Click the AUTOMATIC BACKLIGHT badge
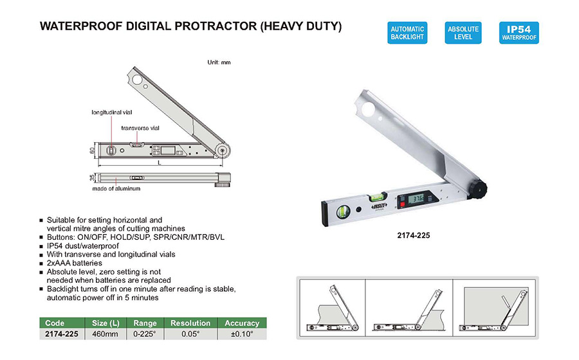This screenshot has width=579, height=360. point(407,33)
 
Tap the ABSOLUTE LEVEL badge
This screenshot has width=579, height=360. point(463,33)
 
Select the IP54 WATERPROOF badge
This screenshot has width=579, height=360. point(519,33)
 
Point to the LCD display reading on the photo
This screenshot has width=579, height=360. point(419,199)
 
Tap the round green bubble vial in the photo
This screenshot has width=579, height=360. point(343,212)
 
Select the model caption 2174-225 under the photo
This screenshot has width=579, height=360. point(414,235)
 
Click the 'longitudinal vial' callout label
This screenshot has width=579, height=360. point(111,112)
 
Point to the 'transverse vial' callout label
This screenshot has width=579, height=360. point(140,128)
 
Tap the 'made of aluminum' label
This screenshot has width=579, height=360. point(116,188)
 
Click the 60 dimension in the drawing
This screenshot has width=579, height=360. point(92,150)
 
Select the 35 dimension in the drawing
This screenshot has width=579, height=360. point(92,178)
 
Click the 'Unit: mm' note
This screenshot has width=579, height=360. point(219,62)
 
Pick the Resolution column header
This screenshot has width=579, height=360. point(190,323)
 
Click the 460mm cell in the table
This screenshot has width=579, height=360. point(106,334)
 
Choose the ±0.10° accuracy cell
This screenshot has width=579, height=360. point(242,334)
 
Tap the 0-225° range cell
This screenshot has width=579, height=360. point(145,334)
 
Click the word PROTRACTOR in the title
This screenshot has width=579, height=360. point(216,26)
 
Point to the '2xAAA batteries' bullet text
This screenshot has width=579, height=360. point(74,263)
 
